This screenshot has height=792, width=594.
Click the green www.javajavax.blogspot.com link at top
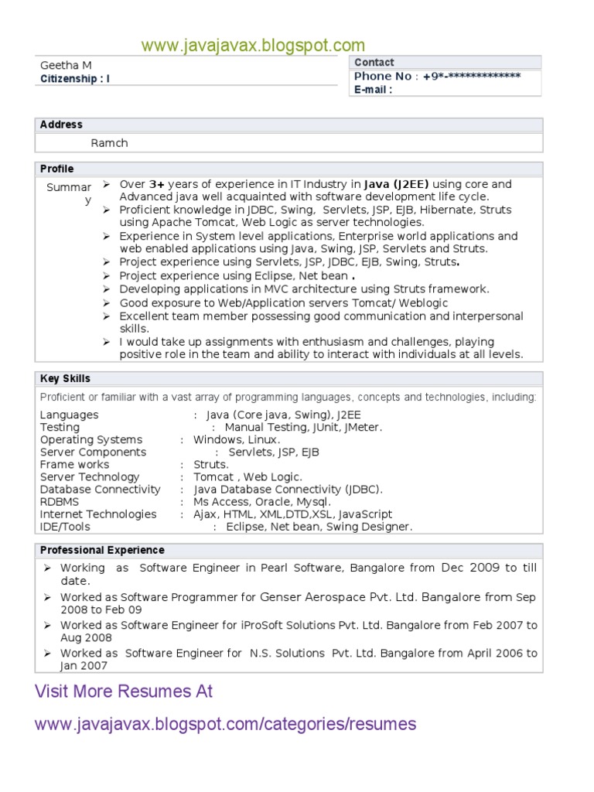(253, 46)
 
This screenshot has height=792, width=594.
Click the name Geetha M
(66, 66)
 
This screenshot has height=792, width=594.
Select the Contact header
(374, 62)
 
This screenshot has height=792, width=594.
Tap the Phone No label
(383, 76)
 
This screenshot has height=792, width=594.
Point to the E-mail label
(373, 89)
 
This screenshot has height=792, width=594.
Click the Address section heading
(61, 125)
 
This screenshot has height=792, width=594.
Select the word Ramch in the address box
(109, 143)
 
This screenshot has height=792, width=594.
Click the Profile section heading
(57, 169)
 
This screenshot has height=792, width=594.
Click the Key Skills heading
(65, 378)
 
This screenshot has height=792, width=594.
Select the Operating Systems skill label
(91, 439)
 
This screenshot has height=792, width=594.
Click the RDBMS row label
(60, 501)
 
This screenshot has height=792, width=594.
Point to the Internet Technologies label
(97, 514)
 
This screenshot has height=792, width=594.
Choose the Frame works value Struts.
(210, 464)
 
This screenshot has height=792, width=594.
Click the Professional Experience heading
(102, 550)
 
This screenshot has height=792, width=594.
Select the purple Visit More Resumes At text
(124, 691)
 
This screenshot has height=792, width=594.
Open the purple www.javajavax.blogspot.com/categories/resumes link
(226, 725)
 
